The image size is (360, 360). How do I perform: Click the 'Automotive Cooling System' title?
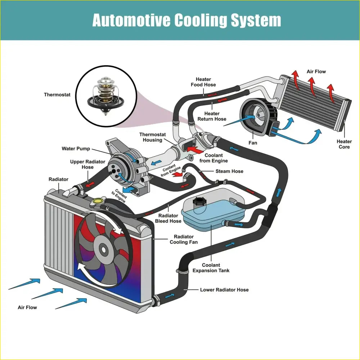(186, 20)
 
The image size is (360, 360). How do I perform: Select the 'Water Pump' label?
(76, 149)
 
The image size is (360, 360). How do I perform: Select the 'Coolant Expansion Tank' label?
(211, 268)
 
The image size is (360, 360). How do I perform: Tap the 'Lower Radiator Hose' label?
(224, 289)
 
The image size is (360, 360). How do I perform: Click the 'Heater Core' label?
(344, 144)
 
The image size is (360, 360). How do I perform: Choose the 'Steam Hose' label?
(229, 171)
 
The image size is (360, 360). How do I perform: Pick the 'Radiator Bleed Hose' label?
(168, 218)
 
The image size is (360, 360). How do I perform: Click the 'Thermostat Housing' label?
(153, 137)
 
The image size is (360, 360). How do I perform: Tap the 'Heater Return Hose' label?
(212, 116)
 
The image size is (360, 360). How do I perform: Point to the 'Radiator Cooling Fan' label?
(184, 239)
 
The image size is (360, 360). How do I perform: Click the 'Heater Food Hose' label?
(203, 82)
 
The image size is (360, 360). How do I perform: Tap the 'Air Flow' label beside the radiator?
(27, 307)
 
